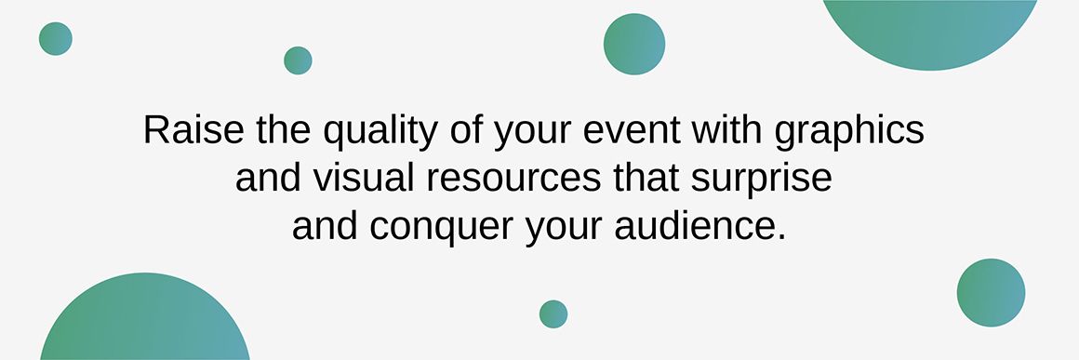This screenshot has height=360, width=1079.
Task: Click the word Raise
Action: point(194,129)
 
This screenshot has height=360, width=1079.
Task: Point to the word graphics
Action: point(849,132)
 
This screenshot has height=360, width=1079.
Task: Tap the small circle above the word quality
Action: point(298,60)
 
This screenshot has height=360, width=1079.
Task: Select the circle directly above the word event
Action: point(634,44)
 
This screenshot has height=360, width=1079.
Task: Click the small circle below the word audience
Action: point(553,313)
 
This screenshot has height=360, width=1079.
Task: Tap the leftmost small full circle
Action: point(56,38)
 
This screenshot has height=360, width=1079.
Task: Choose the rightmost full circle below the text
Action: point(991,292)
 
